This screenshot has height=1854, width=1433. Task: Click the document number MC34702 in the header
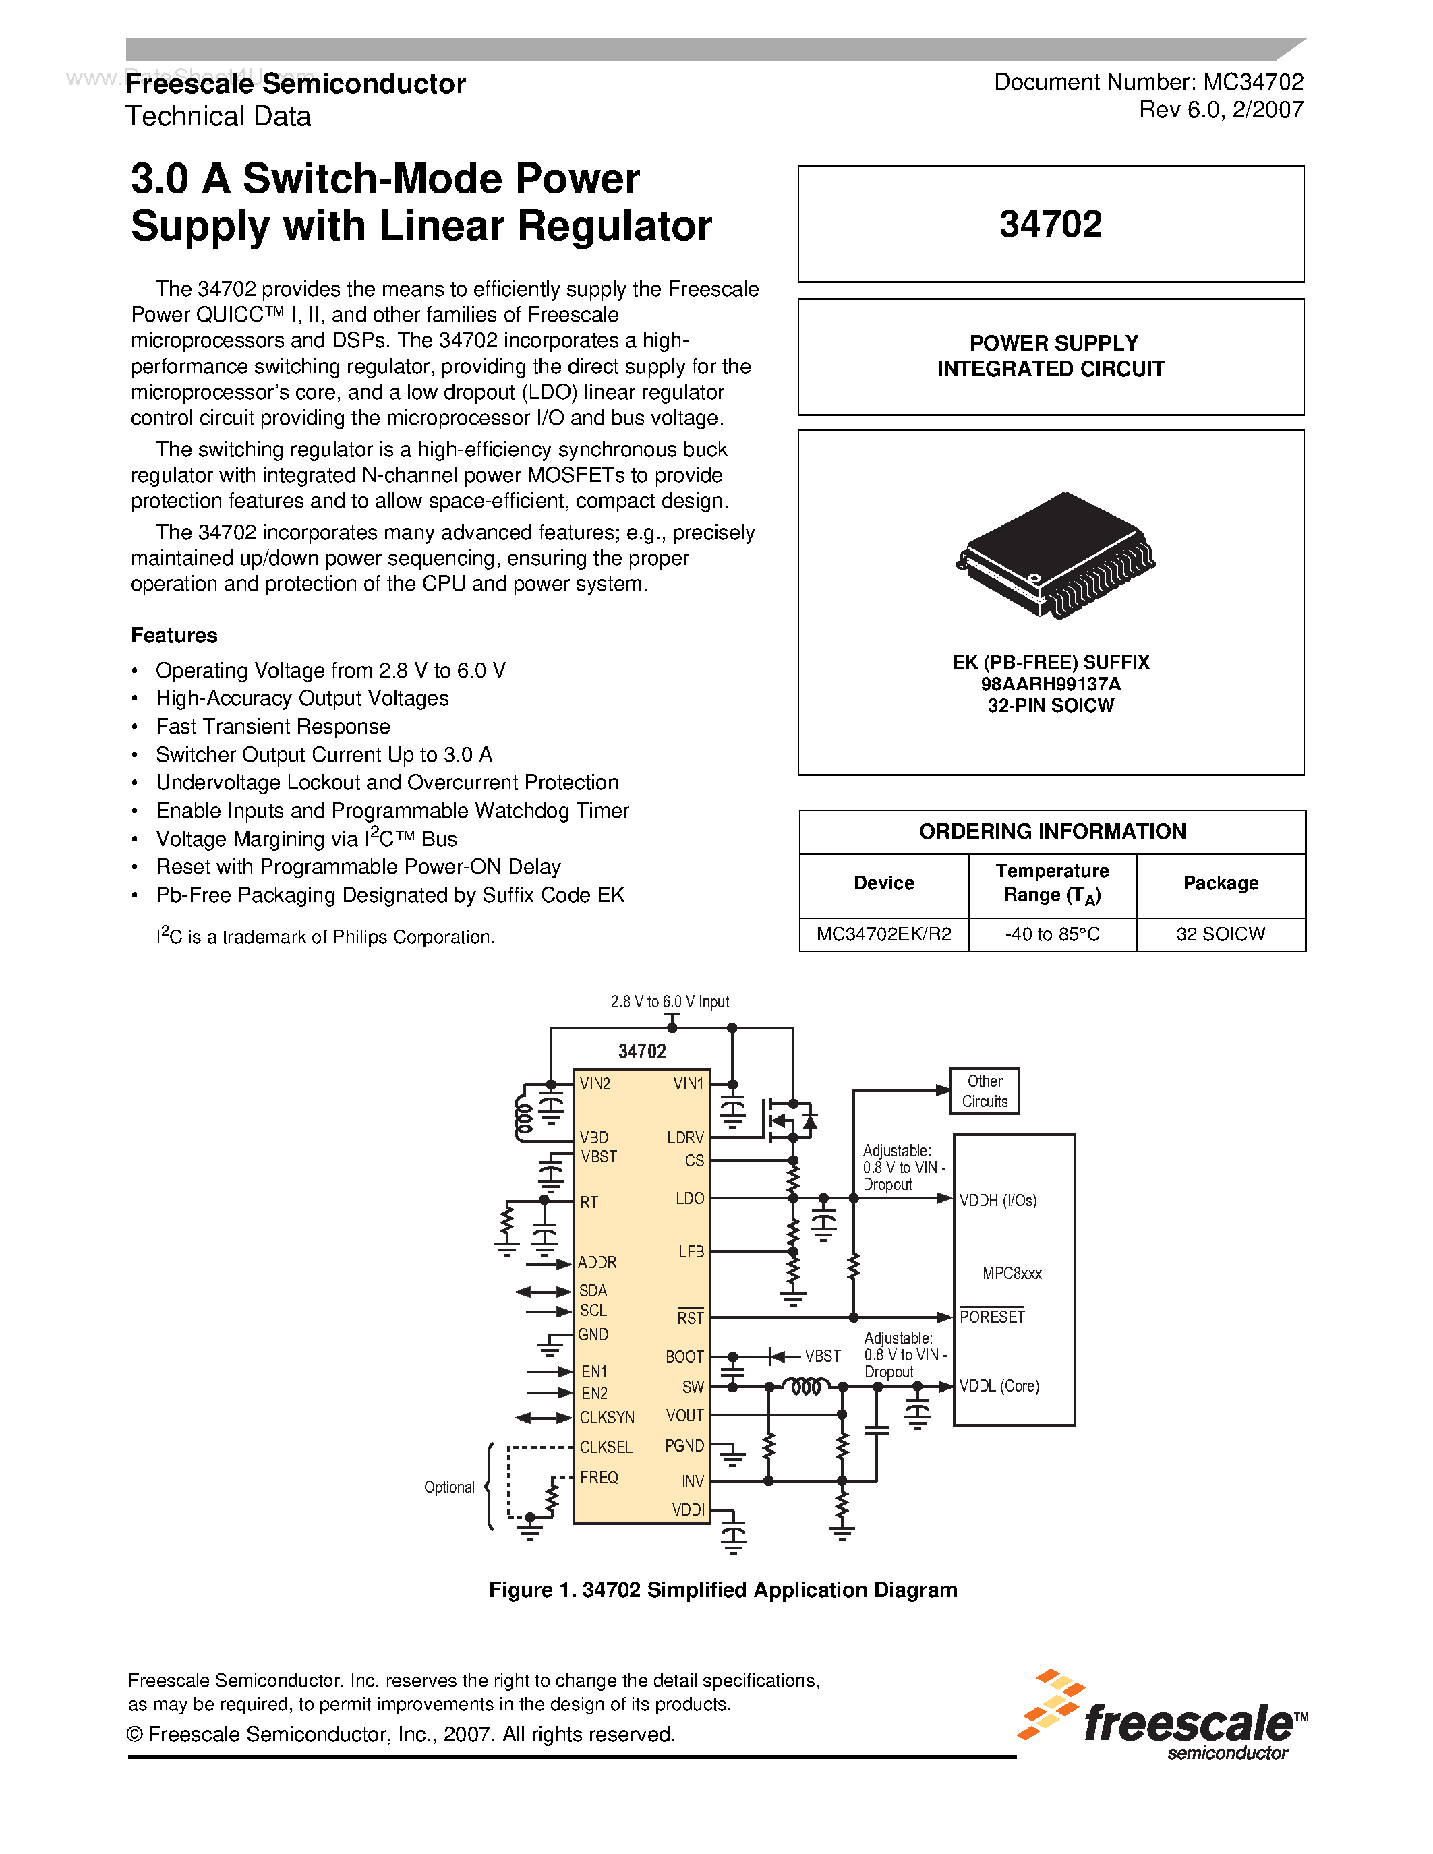click(1253, 82)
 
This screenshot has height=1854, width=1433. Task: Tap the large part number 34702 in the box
click(1050, 224)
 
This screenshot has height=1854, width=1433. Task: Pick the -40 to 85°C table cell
click(1052, 934)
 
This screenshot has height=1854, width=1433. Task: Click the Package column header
click(1220, 883)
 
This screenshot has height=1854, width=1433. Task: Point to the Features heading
click(174, 636)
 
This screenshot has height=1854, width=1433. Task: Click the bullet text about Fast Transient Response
click(272, 727)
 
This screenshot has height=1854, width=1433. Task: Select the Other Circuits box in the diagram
click(984, 1091)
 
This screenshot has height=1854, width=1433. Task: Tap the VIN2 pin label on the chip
click(595, 1084)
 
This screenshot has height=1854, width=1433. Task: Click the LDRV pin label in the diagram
click(685, 1137)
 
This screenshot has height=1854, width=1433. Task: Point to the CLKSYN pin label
click(607, 1418)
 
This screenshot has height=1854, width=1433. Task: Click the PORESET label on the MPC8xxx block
click(991, 1317)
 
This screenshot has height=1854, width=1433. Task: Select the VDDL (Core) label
click(999, 1386)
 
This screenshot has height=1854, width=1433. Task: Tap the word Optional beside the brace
click(449, 1487)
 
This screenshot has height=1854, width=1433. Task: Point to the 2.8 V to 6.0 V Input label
click(670, 1002)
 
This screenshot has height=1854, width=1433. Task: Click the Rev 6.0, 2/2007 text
click(1221, 109)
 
